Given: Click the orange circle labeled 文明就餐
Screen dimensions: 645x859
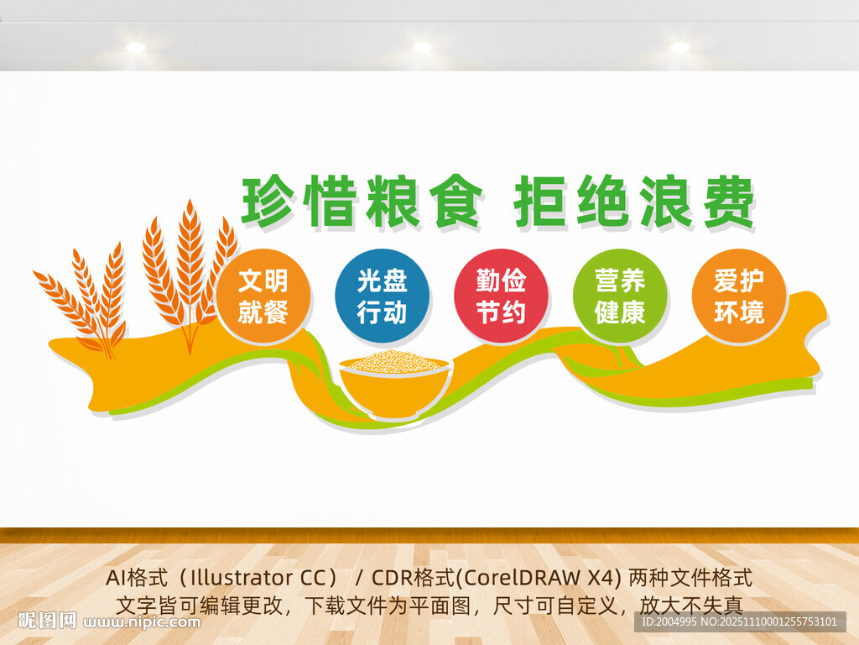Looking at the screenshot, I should [263, 296].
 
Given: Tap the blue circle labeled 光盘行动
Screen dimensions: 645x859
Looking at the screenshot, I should [382, 296].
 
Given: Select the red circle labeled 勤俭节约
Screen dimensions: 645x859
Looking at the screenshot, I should [501, 296].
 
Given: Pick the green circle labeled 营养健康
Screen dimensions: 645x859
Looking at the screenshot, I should [620, 296].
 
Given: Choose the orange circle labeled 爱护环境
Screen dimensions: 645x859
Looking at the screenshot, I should [739, 296].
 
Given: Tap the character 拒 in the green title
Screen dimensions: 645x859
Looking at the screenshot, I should [541, 202].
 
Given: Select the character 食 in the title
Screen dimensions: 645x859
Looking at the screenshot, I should [454, 202].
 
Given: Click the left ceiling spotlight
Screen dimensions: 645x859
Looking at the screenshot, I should [136, 47].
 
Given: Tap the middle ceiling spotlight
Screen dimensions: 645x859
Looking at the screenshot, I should [422, 47].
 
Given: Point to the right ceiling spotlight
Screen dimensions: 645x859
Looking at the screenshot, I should [679, 47].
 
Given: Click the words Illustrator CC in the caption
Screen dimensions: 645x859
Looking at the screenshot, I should [260, 579].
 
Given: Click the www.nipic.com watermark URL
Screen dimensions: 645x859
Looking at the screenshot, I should [143, 622].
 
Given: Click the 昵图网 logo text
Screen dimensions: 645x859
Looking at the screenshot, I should [47, 621].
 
